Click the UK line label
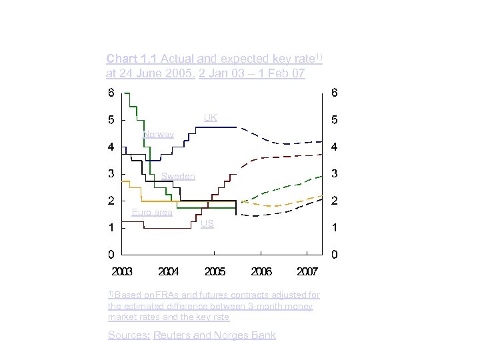[211, 118]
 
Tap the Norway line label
[159, 135]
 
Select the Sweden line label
[178, 176]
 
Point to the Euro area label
[152, 213]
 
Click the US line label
[207, 224]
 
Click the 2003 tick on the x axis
[122, 272]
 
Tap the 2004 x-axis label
[169, 272]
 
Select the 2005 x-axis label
[215, 272]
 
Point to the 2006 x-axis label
[261, 272]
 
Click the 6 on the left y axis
[111, 93]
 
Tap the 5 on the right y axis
[335, 121]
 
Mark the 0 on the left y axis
[111, 254]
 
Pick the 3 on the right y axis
[335, 174]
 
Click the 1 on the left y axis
[111, 227]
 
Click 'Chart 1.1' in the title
[131, 59]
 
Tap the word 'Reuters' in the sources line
[172, 335]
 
